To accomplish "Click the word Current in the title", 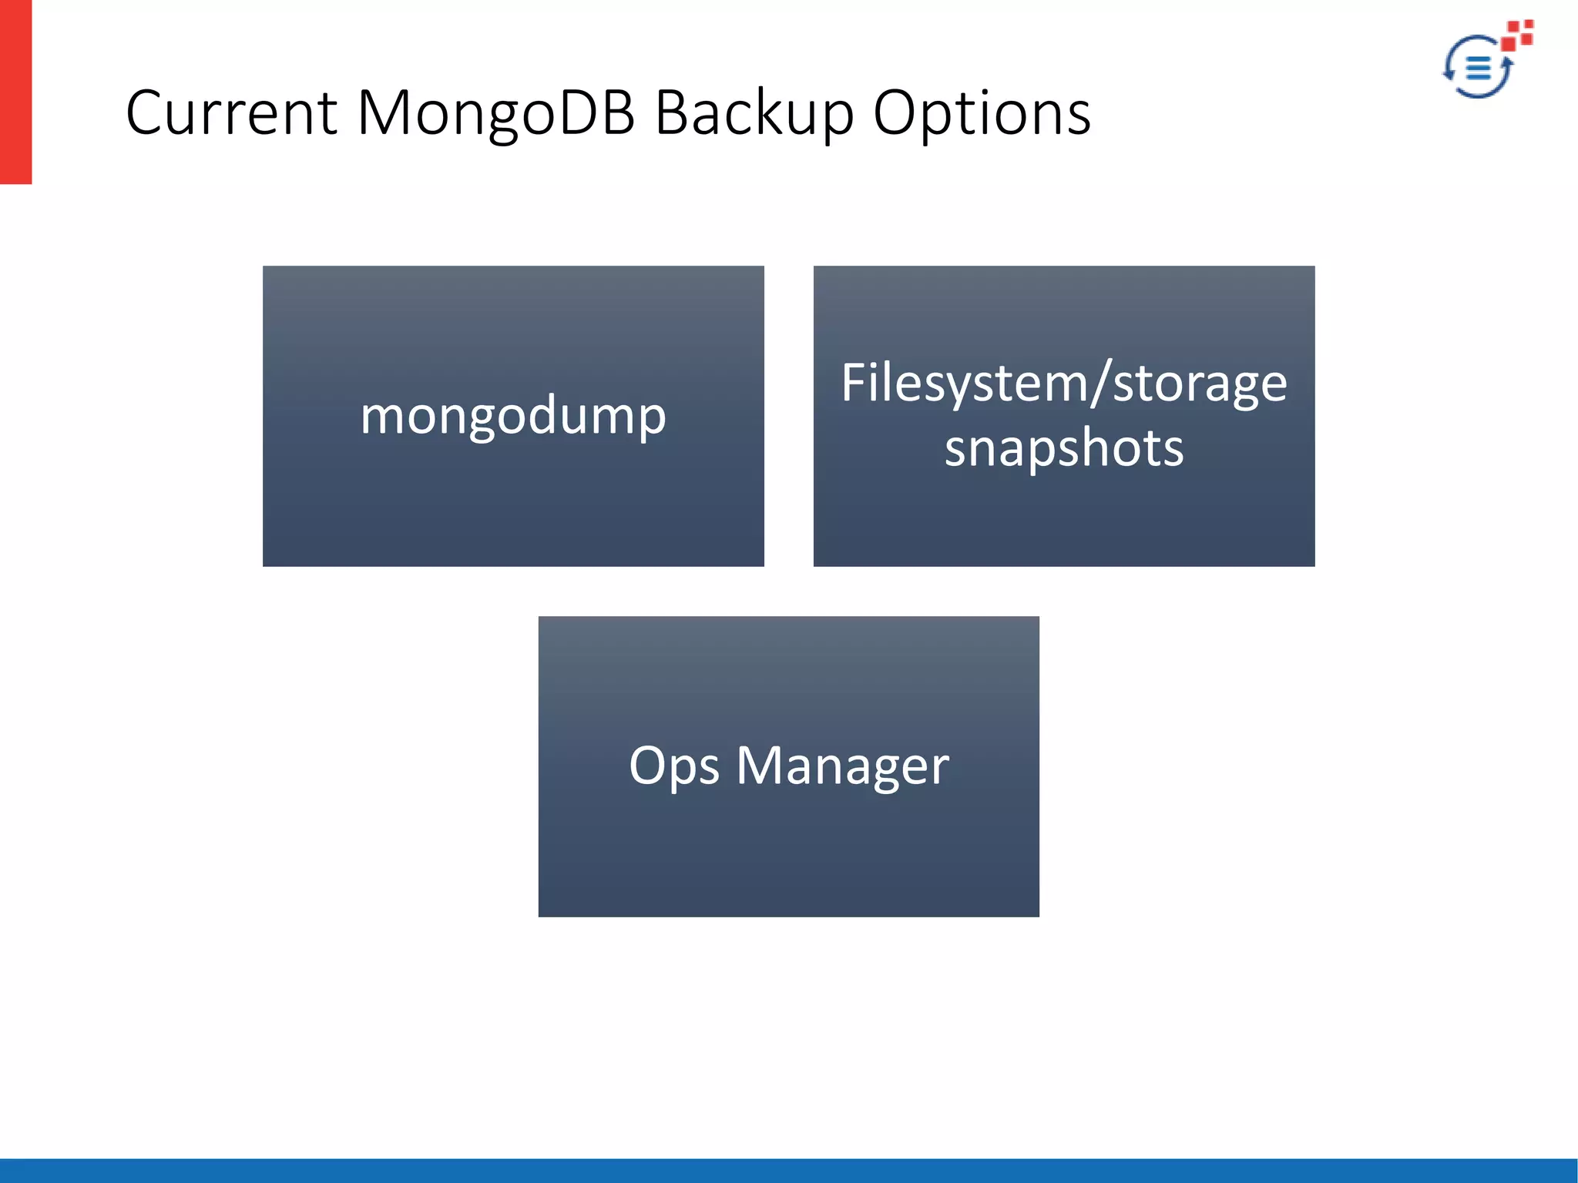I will pyautogui.click(x=231, y=113).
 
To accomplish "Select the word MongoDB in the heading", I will pyautogui.click(x=496, y=113).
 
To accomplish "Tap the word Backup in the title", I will pyautogui.click(x=754, y=113).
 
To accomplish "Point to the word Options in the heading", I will pyautogui.click(x=982, y=113).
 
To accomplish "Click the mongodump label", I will pyautogui.click(x=513, y=417).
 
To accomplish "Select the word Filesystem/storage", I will pyautogui.click(x=1063, y=384).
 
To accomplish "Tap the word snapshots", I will pyautogui.click(x=1063, y=449).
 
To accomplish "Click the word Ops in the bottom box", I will pyautogui.click(x=673, y=767).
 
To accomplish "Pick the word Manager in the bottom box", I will pyautogui.click(x=842, y=767).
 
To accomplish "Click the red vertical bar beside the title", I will pyautogui.click(x=15, y=92).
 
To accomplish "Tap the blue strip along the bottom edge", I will pyautogui.click(x=789, y=1170).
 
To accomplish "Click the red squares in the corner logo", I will pyautogui.click(x=1519, y=35).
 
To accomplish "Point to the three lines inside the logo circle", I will pyautogui.click(x=1478, y=68).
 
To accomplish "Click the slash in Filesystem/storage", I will pyautogui.click(x=1100, y=384).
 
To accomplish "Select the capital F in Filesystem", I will pyautogui.click(x=853, y=383).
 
